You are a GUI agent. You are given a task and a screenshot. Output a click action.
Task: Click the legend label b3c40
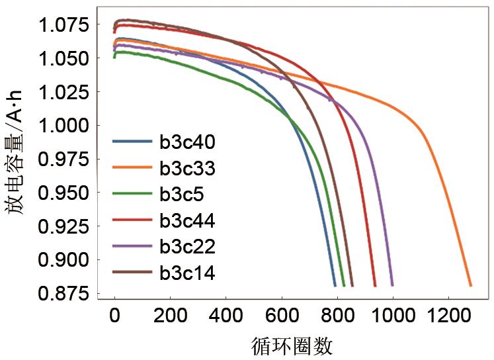tap(187, 142)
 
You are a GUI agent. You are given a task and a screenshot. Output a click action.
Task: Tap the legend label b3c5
tap(183, 194)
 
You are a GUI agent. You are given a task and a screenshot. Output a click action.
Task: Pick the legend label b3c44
tap(187, 220)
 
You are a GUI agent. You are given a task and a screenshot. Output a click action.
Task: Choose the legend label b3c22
tap(187, 246)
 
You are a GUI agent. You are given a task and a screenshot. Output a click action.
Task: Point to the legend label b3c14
tap(187, 272)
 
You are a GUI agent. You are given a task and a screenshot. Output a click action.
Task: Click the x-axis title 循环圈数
tap(292, 345)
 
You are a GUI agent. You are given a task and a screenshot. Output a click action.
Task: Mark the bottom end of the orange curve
tap(471, 285)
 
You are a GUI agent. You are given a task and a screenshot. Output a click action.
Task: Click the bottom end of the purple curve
tap(392, 285)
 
